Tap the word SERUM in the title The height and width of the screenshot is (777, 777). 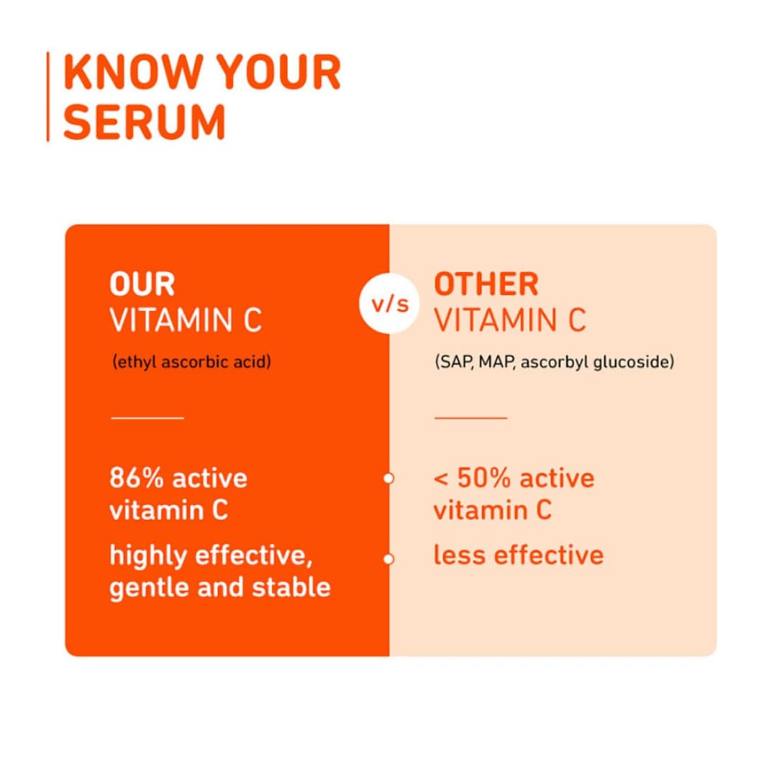[x=145, y=122]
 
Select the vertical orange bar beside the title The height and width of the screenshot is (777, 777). [x=48, y=96]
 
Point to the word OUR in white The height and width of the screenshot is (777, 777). [x=142, y=285]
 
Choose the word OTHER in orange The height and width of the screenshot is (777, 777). [x=486, y=285]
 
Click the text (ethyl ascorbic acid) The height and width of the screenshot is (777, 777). [x=191, y=361]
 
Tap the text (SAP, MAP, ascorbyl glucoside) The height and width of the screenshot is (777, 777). [x=554, y=361]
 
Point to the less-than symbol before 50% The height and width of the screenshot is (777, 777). [x=440, y=479]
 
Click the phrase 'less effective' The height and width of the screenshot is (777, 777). [x=518, y=555]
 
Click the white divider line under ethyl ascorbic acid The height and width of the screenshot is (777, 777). [x=147, y=417]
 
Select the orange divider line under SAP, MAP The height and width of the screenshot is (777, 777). [x=471, y=417]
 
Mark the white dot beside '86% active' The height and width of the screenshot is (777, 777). [x=388, y=478]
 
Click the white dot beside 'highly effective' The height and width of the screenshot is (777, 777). [x=388, y=558]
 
